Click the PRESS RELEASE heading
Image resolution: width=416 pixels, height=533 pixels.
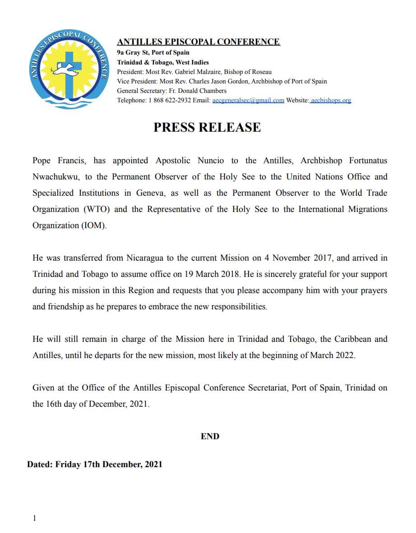207,127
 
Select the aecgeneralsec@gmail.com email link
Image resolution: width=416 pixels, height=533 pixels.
248,100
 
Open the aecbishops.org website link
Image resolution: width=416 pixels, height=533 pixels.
331,100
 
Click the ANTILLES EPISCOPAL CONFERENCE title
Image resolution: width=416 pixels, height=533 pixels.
199,42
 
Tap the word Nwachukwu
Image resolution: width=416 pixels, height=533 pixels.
56,177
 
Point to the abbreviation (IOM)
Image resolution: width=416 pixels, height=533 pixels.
93,225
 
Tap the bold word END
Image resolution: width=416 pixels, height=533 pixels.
210,436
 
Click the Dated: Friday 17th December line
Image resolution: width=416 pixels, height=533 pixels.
95,464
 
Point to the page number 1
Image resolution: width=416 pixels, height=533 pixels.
34,518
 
